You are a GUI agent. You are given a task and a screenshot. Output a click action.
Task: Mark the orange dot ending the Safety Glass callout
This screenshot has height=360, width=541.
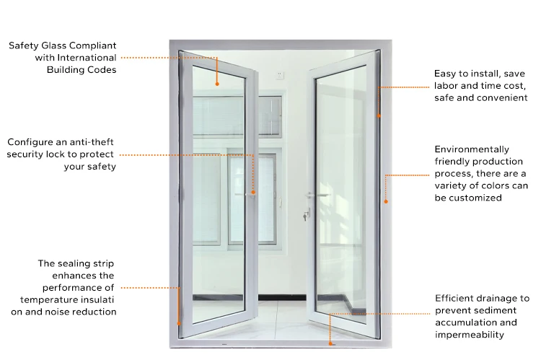coord(216,83)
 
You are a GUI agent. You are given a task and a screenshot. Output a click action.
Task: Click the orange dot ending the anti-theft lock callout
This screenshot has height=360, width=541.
coord(254,192)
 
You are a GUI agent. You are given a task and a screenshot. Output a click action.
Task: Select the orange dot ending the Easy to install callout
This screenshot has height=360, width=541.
coord(379,114)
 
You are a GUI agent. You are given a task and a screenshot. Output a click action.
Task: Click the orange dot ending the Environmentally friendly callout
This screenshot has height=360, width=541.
coord(386,201)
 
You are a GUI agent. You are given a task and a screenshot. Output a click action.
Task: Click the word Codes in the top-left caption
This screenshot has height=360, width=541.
coord(102,70)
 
